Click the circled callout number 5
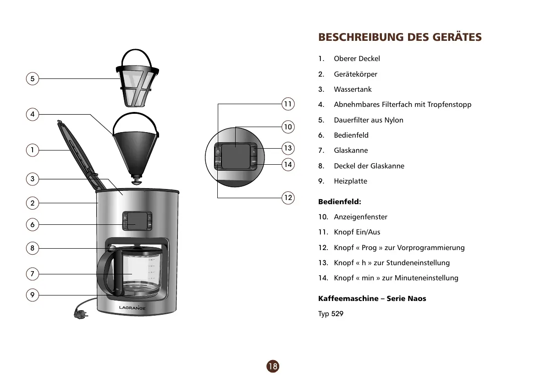[32, 78]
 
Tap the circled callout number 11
[287, 104]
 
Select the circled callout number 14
[287, 164]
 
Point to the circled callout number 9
[32, 295]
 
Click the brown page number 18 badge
[272, 366]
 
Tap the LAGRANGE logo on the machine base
[132, 307]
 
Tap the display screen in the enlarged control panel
[235, 156]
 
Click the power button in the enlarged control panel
[218, 151]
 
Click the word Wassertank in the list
[353, 89]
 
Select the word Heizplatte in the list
[350, 181]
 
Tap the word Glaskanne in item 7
[351, 150]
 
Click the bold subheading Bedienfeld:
[340, 201]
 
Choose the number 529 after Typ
[337, 314]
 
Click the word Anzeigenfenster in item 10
[360, 217]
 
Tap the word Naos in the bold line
[417, 299]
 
